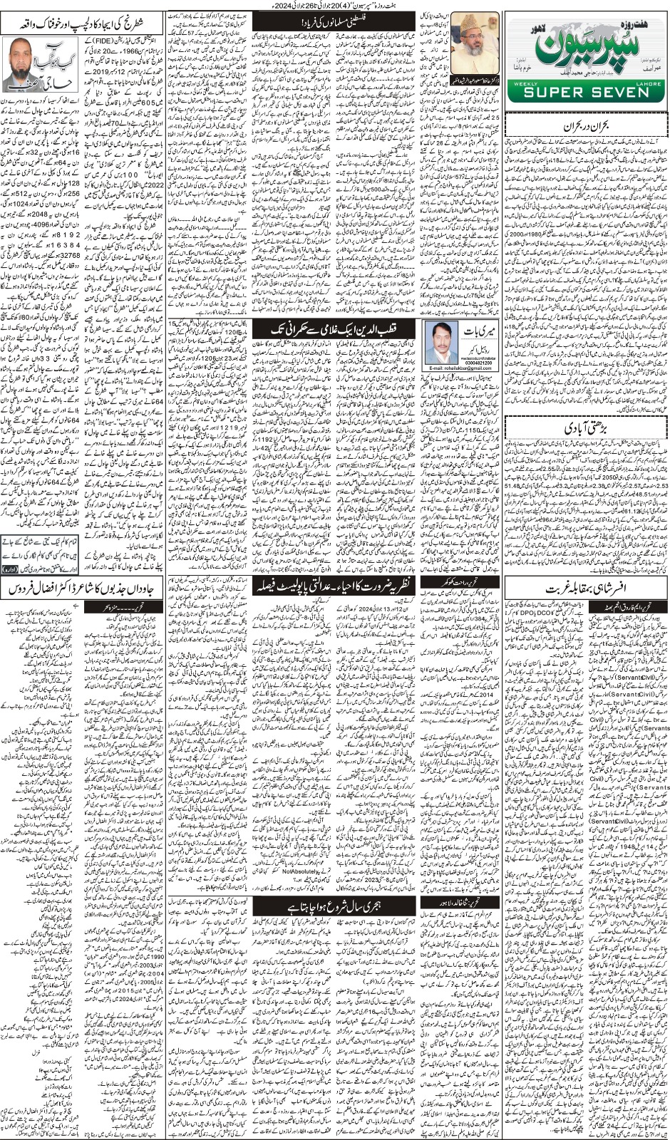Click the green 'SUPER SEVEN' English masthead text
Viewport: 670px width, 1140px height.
tap(586, 93)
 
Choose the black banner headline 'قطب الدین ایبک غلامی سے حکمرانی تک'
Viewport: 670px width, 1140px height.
tap(335, 328)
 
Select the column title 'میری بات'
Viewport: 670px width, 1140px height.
tap(478, 331)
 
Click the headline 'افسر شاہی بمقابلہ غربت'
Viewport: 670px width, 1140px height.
tap(586, 590)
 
